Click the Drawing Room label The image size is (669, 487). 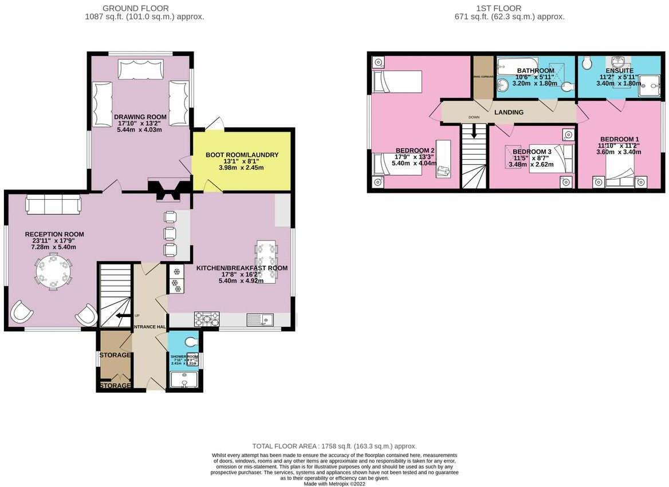[140, 117]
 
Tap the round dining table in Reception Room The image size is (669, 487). [53, 272]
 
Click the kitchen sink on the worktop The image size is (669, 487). [261, 319]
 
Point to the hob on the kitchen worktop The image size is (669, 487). [207, 319]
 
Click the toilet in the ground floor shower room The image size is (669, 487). [191, 342]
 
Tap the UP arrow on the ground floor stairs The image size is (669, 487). [122, 315]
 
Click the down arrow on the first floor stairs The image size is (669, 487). [474, 132]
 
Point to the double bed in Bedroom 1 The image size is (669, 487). [619, 172]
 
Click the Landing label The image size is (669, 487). [509, 112]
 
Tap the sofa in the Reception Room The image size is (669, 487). [53, 204]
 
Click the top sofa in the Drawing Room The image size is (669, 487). [140, 69]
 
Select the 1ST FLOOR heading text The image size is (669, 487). [498, 8]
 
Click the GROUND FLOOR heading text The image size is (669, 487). [135, 8]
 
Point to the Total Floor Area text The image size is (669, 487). [334, 446]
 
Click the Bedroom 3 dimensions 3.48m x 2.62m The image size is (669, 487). [532, 165]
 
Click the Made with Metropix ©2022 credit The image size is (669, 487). [334, 484]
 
